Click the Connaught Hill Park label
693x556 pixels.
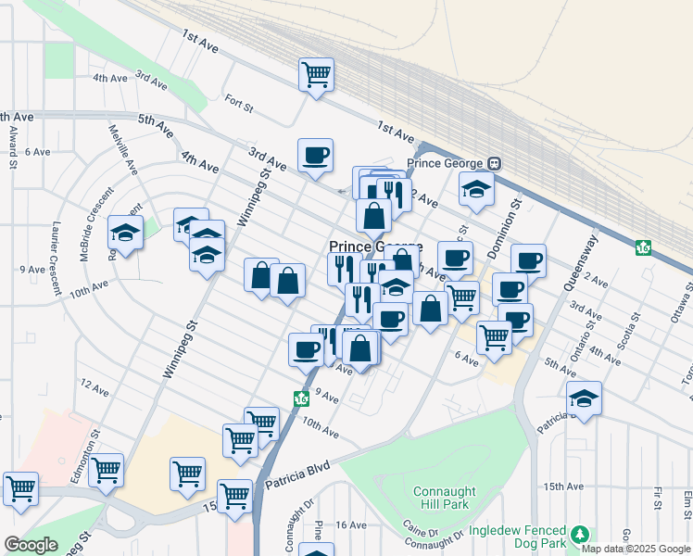pos(444,499)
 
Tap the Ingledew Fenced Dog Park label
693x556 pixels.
pos(517,537)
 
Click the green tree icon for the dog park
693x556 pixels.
pos(580,536)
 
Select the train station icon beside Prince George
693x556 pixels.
pos(495,163)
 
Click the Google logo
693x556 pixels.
pos(31,545)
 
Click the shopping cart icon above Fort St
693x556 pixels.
pos(316,74)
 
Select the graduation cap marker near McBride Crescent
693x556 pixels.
pos(125,234)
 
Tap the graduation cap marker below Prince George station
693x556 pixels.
pos(477,189)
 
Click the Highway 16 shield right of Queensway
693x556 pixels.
pos(643,247)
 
